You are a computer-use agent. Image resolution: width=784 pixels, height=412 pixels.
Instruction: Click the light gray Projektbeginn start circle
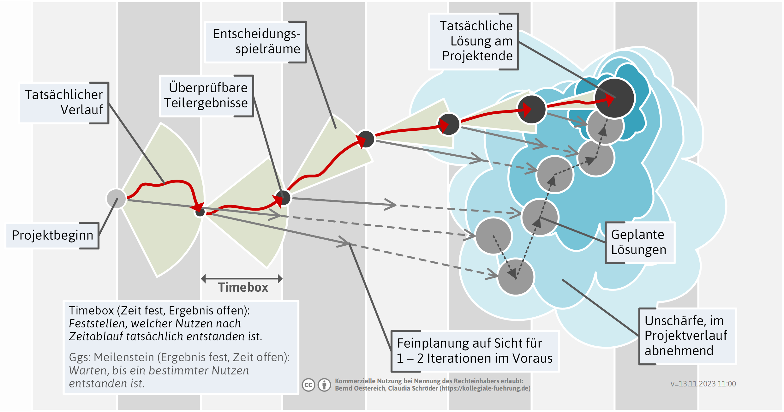[116, 199]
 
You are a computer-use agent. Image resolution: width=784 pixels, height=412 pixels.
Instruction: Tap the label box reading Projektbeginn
[52, 236]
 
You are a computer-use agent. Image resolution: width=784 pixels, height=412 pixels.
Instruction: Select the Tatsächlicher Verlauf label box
[64, 102]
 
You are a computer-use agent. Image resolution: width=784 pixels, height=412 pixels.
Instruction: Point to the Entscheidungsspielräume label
[256, 42]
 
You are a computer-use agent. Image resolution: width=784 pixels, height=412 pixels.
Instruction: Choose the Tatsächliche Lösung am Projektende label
[474, 41]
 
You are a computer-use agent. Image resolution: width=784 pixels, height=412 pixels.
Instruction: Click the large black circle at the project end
[614, 98]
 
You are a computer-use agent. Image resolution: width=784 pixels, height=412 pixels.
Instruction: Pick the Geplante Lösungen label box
[639, 242]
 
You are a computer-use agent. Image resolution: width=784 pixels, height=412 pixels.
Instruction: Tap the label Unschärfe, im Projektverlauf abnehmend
[686, 336]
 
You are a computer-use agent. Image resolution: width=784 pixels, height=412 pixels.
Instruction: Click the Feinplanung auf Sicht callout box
[475, 351]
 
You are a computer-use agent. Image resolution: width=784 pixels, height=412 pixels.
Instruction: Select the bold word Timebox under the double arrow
[243, 288]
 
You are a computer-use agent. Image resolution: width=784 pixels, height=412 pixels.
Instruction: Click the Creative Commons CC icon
[308, 385]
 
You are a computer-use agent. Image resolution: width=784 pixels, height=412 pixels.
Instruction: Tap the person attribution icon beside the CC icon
[324, 385]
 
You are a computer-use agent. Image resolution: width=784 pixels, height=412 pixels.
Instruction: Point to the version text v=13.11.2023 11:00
[703, 384]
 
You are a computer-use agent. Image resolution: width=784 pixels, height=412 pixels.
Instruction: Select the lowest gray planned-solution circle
[516, 277]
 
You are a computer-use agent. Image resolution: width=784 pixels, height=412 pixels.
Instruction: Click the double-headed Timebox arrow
[242, 278]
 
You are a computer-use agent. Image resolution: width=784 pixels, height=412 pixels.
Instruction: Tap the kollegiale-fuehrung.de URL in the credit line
[485, 389]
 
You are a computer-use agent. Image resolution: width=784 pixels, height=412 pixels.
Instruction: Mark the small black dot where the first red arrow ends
[200, 212]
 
